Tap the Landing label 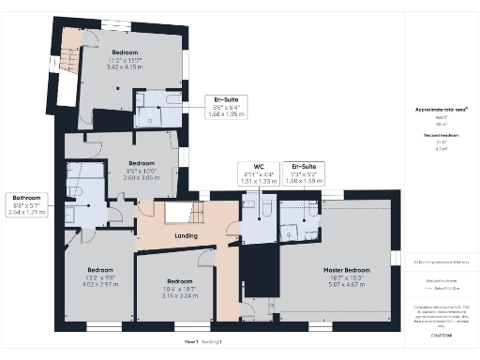(x=185, y=235)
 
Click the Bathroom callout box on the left (x=26, y=204)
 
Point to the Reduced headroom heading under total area (x=436, y=136)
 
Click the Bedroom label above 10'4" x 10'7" (x=179, y=281)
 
